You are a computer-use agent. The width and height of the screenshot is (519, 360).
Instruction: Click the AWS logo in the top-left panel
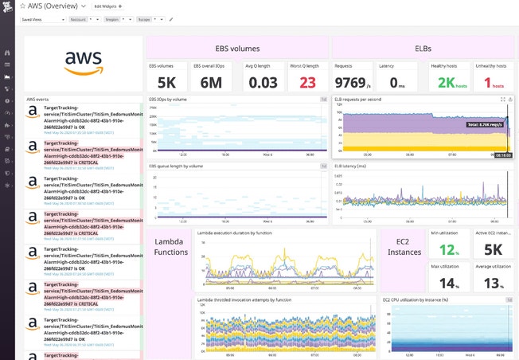pyautogui.click(x=83, y=61)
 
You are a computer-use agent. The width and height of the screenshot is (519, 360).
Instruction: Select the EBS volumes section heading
pyautogui.click(x=237, y=48)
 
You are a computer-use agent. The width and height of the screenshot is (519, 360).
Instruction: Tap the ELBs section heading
pyautogui.click(x=423, y=48)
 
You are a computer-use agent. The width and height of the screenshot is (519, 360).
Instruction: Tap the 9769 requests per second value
pyautogui.click(x=353, y=83)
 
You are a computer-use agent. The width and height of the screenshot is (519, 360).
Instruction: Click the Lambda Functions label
pyautogui.click(x=170, y=247)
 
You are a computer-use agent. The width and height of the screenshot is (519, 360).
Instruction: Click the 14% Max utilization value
pyautogui.click(x=447, y=284)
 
